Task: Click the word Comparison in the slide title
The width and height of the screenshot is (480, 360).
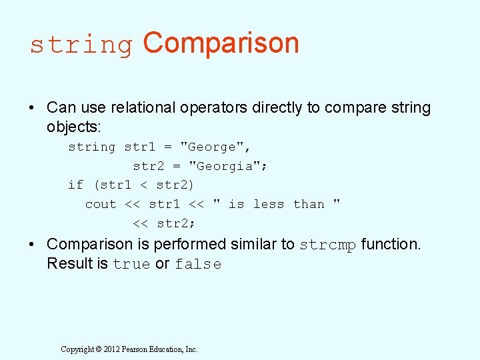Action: [221, 43]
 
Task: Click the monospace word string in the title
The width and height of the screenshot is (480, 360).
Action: [81, 45]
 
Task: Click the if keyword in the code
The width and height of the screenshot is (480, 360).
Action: [76, 185]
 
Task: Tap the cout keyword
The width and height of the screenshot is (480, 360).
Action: [101, 204]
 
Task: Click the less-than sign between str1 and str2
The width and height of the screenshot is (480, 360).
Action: [144, 185]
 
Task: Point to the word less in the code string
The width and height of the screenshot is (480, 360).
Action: [269, 204]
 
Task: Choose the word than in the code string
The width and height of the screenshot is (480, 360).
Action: [309, 204]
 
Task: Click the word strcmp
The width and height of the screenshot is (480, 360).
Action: [328, 245]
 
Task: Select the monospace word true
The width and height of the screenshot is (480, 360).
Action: [131, 264]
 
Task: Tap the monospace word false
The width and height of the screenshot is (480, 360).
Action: [198, 264]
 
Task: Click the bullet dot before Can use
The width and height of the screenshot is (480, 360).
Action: [32, 107]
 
